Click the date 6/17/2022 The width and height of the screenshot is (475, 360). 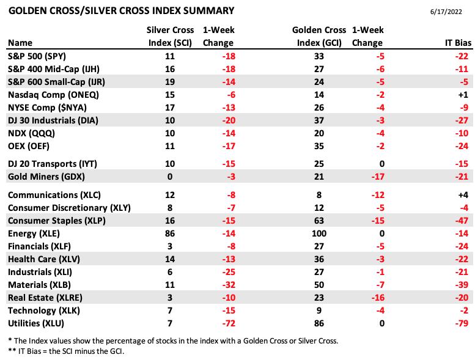pyautogui.click(x=446, y=12)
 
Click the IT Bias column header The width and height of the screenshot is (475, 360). pyautogui.click(x=458, y=43)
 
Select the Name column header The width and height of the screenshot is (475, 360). pyautogui.click(x=20, y=43)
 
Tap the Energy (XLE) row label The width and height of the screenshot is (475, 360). pyautogui.click(x=34, y=233)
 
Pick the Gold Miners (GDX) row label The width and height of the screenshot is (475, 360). pyautogui.click(x=46, y=177)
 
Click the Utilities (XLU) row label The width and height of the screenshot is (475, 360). pyautogui.click(x=36, y=323)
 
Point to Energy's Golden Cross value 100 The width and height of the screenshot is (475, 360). pyautogui.click(x=319, y=233)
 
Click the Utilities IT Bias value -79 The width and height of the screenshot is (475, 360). pyautogui.click(x=462, y=323)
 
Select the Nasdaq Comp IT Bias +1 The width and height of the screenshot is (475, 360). pyautogui.click(x=463, y=95)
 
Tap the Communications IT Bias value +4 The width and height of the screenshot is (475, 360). pyautogui.click(x=463, y=195)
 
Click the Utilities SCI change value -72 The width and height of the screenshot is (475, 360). pyautogui.click(x=229, y=323)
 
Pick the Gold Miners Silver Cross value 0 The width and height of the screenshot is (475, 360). pyautogui.click(x=170, y=177)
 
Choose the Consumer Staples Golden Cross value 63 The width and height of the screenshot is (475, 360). pyautogui.click(x=319, y=221)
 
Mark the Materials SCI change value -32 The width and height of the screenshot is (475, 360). pyautogui.click(x=229, y=285)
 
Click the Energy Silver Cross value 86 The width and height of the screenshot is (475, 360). pyautogui.click(x=170, y=233)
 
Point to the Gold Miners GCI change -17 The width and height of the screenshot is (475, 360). pyautogui.click(x=378, y=177)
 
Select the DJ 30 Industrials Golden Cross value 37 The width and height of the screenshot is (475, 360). pyautogui.click(x=319, y=120)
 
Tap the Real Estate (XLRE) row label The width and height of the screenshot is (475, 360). pyautogui.click(x=45, y=298)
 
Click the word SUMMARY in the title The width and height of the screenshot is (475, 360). pyautogui.click(x=208, y=11)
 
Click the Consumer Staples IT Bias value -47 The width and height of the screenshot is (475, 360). pyautogui.click(x=462, y=221)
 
